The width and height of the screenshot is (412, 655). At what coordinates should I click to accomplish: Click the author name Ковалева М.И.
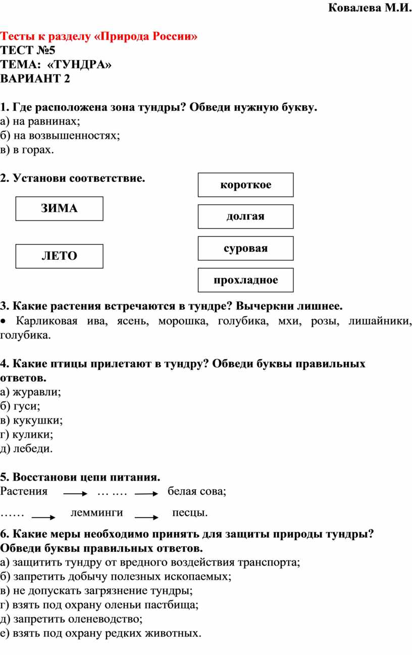pos(370,8)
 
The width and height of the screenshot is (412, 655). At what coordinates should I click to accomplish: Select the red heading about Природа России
pos(99,36)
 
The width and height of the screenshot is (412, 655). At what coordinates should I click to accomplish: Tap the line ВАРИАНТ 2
pos(35,78)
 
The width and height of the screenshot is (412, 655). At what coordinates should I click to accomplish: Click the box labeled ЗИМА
pos(59,209)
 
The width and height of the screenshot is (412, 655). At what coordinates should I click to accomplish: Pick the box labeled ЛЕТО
pos(59,256)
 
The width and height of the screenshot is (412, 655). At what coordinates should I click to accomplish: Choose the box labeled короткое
pos(246,185)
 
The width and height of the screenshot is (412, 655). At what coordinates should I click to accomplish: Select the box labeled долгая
pos(246,217)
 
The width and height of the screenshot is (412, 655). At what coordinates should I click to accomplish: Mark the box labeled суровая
pos(246,248)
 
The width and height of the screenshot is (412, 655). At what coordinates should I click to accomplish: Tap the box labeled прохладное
pos(246,280)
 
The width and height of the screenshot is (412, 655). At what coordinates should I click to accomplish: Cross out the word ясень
pos(133,321)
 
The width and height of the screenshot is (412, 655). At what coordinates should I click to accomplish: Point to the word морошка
pos(183,321)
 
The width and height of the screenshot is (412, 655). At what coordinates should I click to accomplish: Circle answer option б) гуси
pos(20,406)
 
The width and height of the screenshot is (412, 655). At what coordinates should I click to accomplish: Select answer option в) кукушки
pos(31,420)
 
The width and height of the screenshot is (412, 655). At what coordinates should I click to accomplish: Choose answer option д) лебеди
pos(26,449)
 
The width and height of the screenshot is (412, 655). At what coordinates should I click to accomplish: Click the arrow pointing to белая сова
pos(146,494)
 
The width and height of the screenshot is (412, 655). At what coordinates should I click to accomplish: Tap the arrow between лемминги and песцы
pos(146,517)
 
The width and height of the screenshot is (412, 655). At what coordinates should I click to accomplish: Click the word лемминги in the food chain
pos(97,512)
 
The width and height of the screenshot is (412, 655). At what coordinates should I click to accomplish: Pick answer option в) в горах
pos(27,150)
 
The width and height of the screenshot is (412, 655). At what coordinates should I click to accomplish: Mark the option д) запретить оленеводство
pos(71,619)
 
